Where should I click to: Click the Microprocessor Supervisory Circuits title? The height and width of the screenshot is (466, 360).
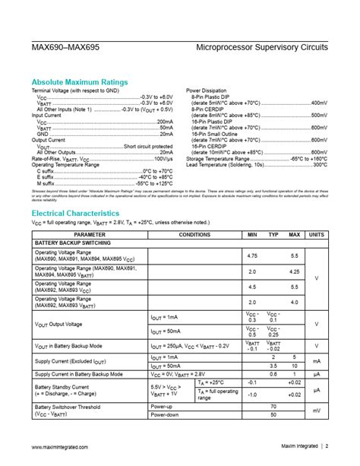click(x=262, y=47)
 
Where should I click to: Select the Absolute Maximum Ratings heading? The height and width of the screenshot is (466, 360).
click(x=79, y=82)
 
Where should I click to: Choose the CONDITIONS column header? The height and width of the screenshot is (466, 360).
click(x=194, y=234)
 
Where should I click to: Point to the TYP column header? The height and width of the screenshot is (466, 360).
click(x=273, y=234)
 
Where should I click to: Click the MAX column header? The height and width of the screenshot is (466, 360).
click(x=295, y=234)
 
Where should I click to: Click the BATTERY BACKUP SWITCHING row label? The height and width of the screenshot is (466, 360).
click(x=70, y=243)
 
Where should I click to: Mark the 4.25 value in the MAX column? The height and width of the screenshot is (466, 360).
click(x=295, y=271)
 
